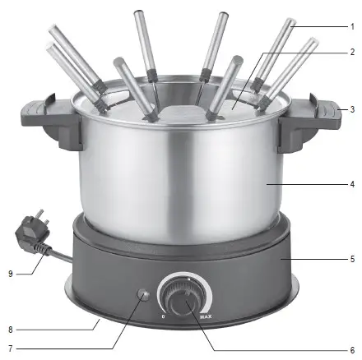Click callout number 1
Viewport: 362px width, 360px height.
click(x=352, y=27)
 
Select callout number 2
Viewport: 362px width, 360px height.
click(x=352, y=52)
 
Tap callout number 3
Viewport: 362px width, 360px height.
click(x=352, y=109)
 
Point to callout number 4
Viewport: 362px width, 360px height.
click(x=352, y=184)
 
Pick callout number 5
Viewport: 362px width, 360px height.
click(x=352, y=259)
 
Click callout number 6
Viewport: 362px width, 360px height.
click(x=352, y=350)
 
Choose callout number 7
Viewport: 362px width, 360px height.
click(x=11, y=348)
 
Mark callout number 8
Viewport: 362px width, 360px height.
click(x=11, y=330)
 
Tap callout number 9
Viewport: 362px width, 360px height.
click(x=11, y=274)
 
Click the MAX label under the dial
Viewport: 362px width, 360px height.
click(x=206, y=316)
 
